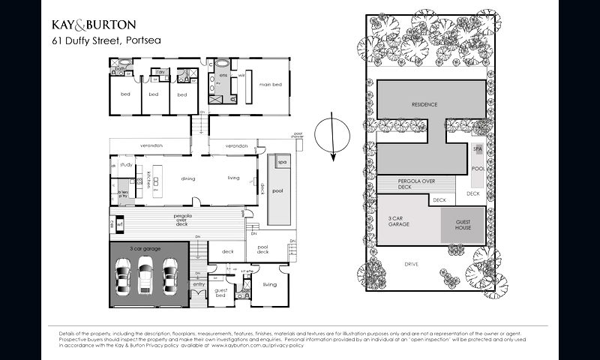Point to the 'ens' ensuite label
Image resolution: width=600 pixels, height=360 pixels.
pyautogui.click(x=223, y=76)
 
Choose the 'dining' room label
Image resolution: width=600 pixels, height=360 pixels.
pyautogui.click(x=188, y=178)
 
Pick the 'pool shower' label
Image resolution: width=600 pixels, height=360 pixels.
pyautogui.click(x=298, y=136)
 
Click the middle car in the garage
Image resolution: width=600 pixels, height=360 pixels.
pyautogui.click(x=148, y=274)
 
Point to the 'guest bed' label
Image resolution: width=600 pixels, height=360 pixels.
pyautogui.click(x=220, y=292)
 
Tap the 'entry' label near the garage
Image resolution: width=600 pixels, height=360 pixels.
pyautogui.click(x=199, y=284)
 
